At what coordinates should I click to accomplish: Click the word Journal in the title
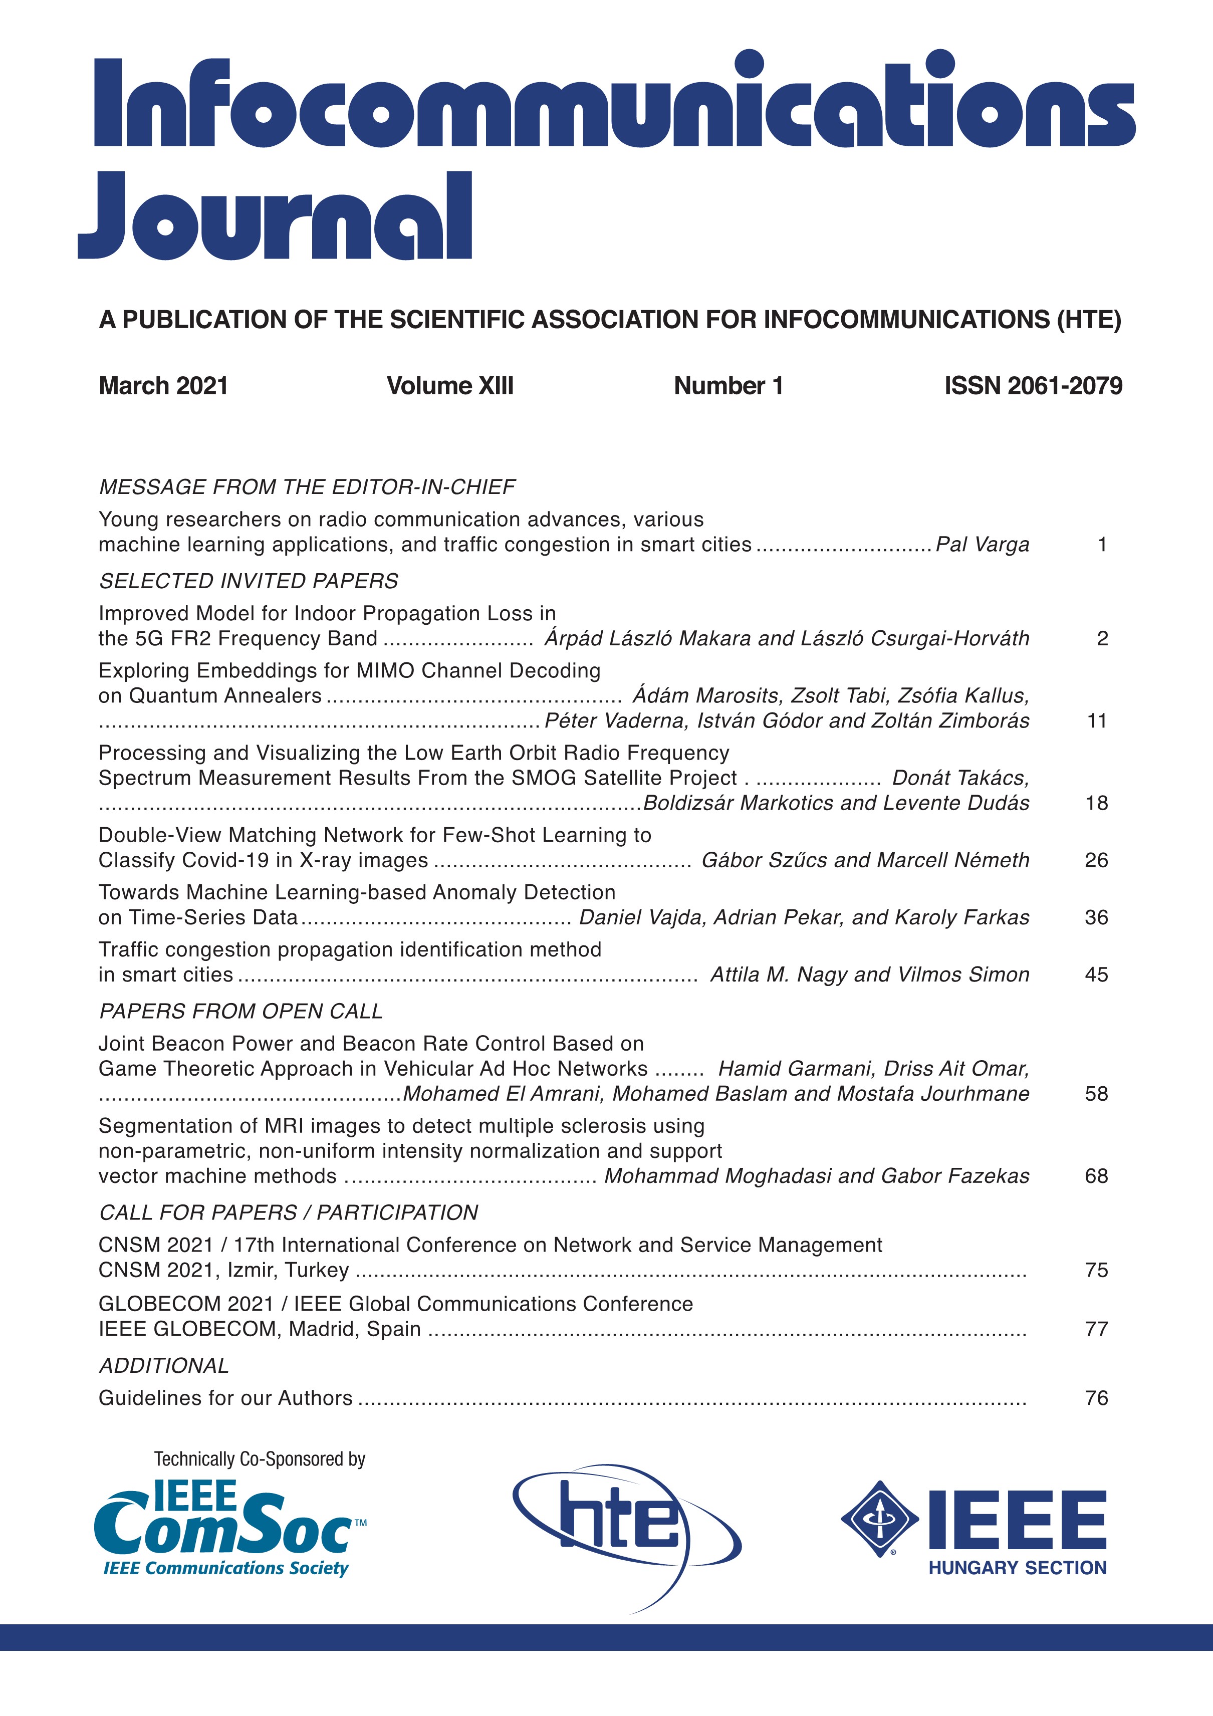click(x=275, y=217)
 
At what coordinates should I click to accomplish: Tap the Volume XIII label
click(x=450, y=386)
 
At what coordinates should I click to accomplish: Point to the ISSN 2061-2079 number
click(x=1033, y=386)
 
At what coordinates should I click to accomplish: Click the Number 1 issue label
click(x=728, y=386)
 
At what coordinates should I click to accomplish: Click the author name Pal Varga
click(x=982, y=545)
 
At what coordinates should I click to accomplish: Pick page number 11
click(x=1096, y=721)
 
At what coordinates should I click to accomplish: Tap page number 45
click(x=1096, y=974)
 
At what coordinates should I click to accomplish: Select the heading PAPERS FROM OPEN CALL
click(x=240, y=1011)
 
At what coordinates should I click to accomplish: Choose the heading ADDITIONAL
click(x=164, y=1365)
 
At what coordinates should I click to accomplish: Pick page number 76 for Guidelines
click(x=1096, y=1398)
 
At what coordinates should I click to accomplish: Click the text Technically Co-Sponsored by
click(x=260, y=1459)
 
